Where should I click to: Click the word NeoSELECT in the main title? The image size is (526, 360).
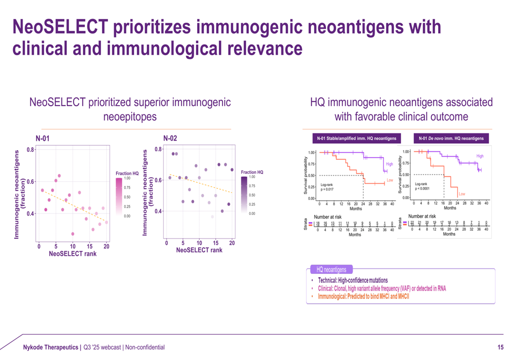(x=67, y=27)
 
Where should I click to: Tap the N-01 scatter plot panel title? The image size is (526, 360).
(x=43, y=138)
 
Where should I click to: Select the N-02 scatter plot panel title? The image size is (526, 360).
(x=170, y=138)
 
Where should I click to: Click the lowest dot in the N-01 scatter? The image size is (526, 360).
(x=73, y=234)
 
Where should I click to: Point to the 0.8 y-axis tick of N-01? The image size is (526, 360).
(x=31, y=150)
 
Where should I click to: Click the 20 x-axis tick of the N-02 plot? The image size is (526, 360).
(x=231, y=243)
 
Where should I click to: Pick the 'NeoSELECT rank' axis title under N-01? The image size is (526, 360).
(x=73, y=254)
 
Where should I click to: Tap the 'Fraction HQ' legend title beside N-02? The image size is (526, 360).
(x=252, y=172)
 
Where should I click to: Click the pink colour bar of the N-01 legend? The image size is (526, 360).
(x=119, y=197)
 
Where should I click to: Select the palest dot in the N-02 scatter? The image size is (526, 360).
(x=213, y=217)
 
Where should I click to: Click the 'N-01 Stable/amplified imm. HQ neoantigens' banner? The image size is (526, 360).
(x=356, y=139)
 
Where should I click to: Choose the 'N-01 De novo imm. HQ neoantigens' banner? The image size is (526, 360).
(x=451, y=139)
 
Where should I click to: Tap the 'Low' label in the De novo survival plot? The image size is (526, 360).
(x=461, y=194)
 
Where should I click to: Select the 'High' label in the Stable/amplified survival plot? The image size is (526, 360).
(x=389, y=164)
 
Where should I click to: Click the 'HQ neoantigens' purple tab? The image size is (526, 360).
(x=331, y=270)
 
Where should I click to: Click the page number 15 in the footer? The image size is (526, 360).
(x=500, y=347)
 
